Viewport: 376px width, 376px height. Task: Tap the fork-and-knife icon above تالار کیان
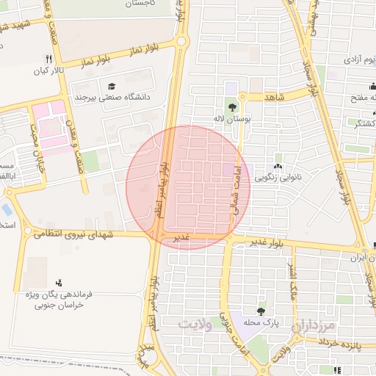tap(48, 59)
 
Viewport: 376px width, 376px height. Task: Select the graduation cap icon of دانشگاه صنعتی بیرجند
tap(112, 85)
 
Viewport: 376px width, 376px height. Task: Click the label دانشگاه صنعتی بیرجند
tap(111, 96)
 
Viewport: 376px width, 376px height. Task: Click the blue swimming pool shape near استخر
tap(7, 208)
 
